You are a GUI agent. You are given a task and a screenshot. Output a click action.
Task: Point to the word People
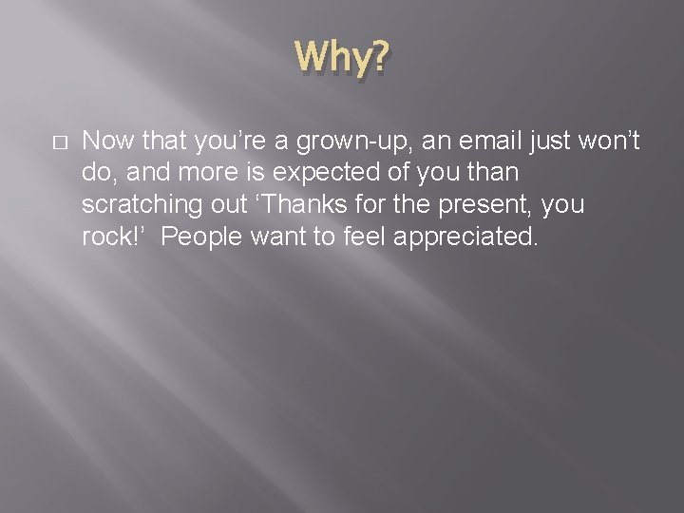pos(201,236)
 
